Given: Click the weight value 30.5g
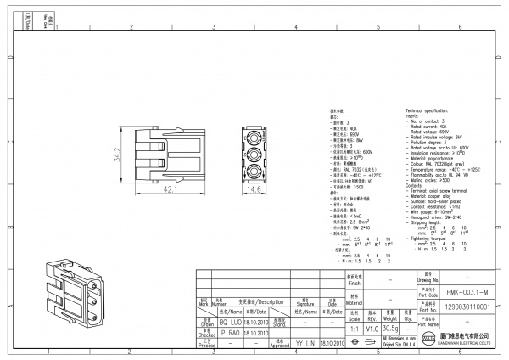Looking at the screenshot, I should pos(389,329).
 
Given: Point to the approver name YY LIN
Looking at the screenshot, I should pos(305,346).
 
